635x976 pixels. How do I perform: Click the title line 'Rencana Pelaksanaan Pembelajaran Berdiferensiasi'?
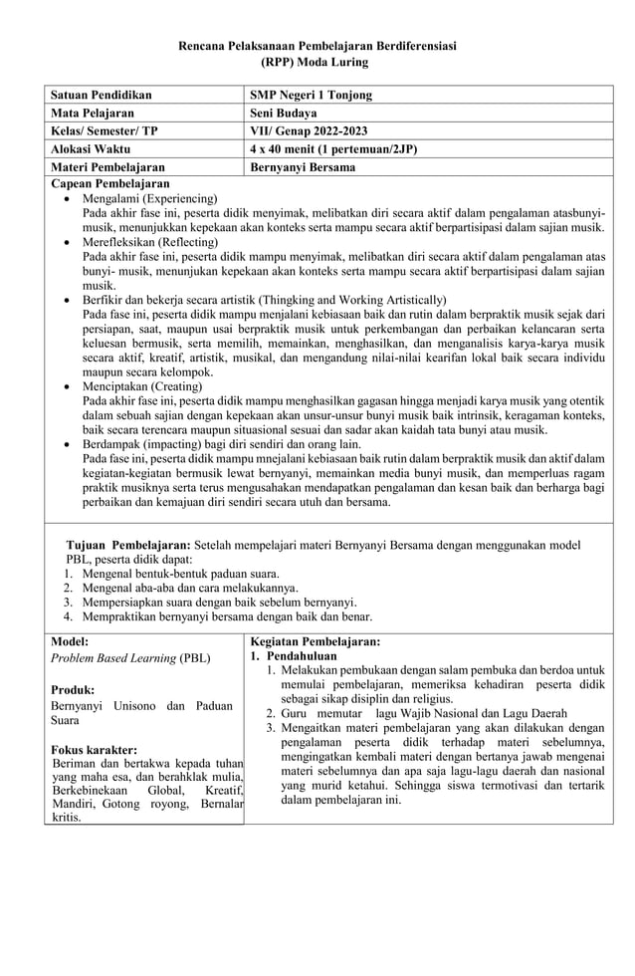point(317,47)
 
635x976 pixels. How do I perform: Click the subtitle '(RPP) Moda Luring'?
point(317,62)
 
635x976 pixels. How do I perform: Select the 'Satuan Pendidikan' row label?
point(102,96)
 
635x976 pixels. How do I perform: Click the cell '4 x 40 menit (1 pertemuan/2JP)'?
point(333,149)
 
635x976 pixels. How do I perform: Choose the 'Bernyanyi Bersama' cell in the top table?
point(303,167)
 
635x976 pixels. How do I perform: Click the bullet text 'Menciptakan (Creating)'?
point(142,385)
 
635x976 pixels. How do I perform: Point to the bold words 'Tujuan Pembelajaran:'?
point(128,546)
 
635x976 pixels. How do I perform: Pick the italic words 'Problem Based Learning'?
point(112,658)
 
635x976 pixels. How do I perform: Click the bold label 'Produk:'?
point(73,690)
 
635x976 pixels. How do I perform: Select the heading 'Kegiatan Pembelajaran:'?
point(315,643)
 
